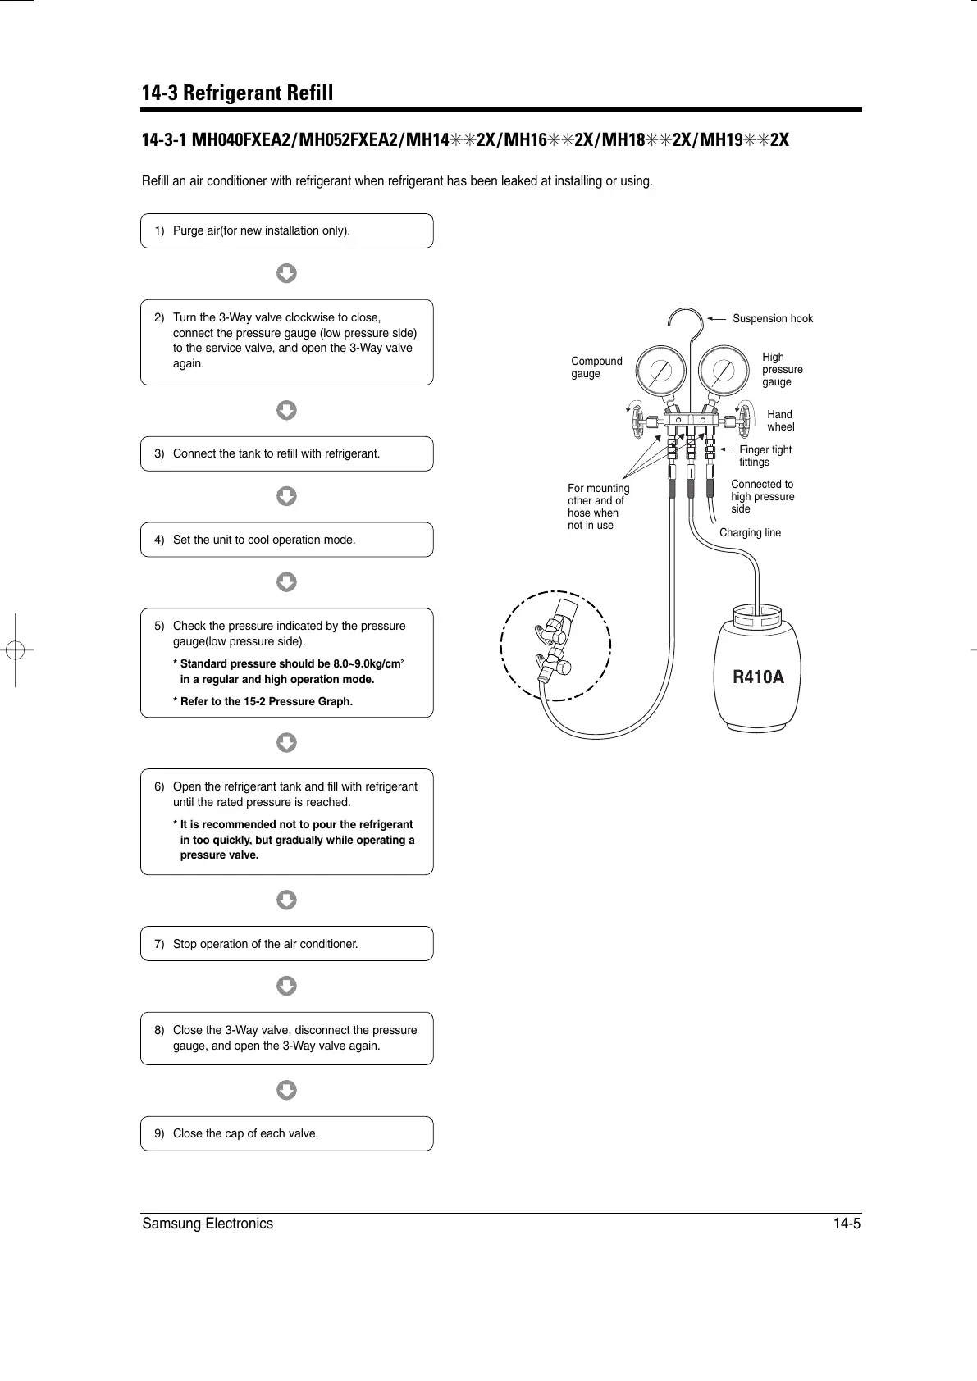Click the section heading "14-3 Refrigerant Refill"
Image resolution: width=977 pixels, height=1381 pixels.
tap(238, 93)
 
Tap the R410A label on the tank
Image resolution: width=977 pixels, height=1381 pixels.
tap(757, 677)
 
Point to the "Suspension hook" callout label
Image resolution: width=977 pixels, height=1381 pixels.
tap(772, 318)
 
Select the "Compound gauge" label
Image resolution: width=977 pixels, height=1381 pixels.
tap(596, 367)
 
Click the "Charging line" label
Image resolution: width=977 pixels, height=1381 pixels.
tap(750, 533)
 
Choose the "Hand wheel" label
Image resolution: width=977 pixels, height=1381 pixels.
tap(780, 421)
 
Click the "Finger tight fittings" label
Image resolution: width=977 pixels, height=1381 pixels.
tap(765, 456)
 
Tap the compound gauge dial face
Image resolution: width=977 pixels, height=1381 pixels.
tap(661, 371)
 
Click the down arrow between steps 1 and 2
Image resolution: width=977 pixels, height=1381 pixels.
tap(286, 273)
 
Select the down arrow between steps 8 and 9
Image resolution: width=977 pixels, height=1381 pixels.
tap(286, 1090)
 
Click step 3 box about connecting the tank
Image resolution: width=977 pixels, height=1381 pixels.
tap(286, 453)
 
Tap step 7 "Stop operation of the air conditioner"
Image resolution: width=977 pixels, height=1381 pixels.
tap(286, 944)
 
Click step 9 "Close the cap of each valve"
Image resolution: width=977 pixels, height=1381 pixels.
tap(286, 1133)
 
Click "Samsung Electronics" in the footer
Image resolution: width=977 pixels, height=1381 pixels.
tap(208, 1224)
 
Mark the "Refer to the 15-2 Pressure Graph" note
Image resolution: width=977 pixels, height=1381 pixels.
tap(263, 701)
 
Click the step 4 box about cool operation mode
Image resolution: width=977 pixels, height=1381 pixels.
tap(286, 540)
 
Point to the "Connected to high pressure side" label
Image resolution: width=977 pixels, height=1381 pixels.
tap(762, 496)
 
